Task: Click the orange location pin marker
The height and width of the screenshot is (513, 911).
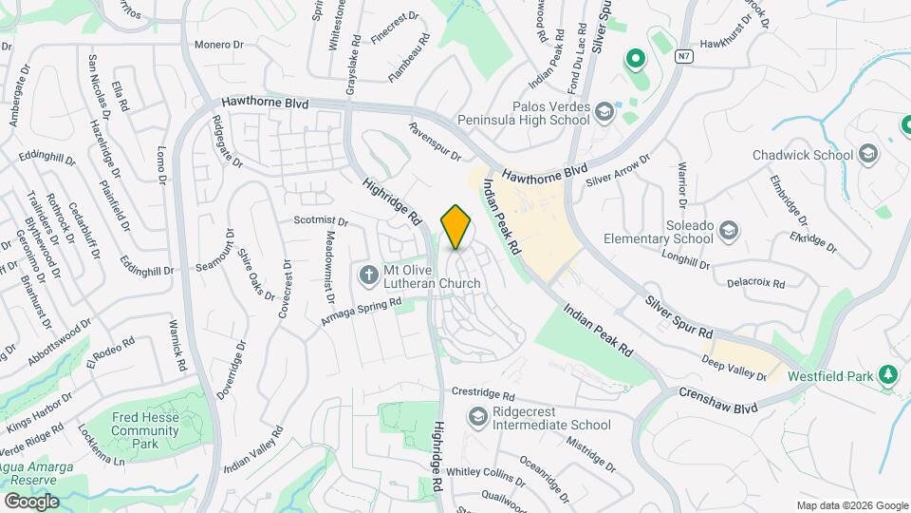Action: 456,227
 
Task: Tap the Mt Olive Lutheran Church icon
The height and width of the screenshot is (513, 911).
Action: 369,275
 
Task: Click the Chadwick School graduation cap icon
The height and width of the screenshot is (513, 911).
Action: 868,153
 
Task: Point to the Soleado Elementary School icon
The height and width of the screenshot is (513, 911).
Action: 728,230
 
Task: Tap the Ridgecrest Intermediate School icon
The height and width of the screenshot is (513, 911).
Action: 477,417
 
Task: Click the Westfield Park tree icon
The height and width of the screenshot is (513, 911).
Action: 888,376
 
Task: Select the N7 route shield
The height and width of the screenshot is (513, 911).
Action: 682,56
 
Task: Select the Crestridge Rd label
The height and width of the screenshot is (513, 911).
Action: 483,393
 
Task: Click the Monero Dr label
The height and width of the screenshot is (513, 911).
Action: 219,45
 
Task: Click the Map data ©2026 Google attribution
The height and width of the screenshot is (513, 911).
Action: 852,505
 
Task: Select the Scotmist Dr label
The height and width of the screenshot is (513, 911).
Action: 321,220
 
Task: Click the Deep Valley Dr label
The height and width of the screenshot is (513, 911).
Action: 734,368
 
